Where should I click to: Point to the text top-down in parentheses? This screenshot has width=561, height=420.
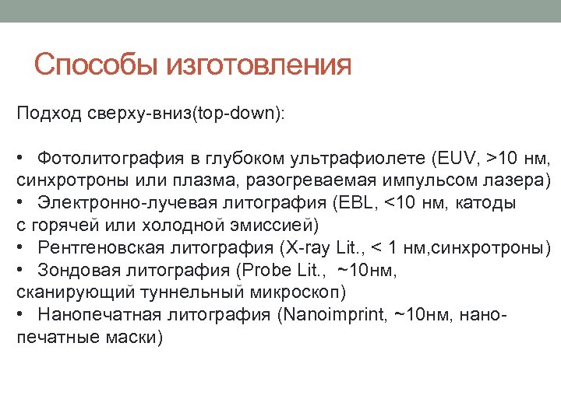(x=238, y=114)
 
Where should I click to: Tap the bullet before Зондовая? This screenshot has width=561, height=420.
(x=19, y=271)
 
